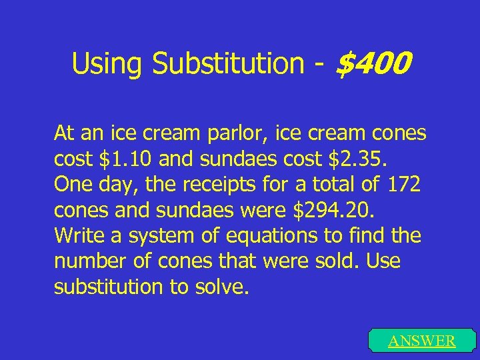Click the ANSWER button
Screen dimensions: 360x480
pyautogui.click(x=421, y=341)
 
